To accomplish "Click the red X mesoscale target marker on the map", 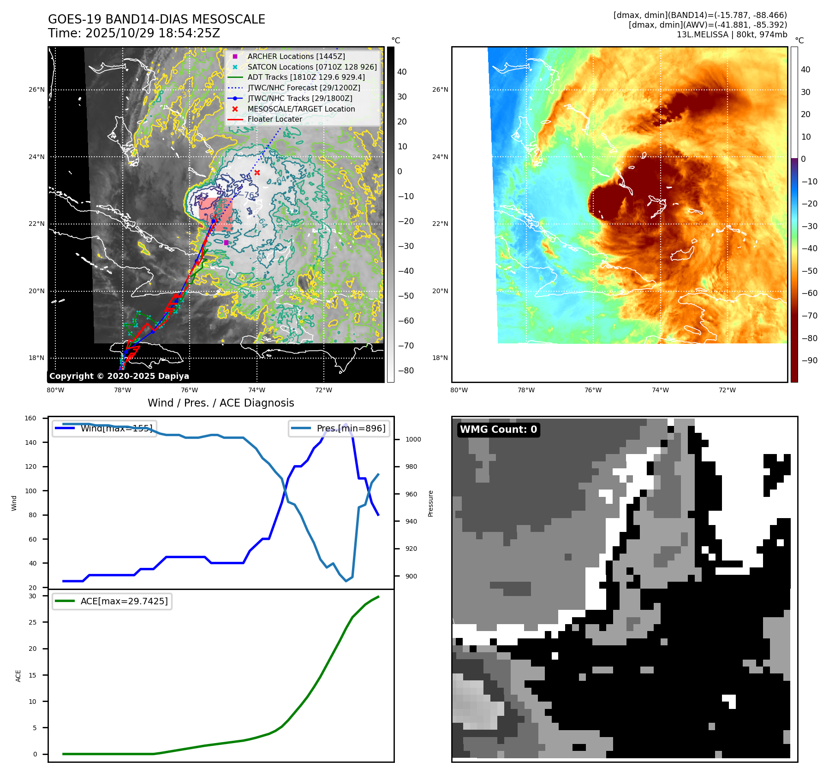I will pos(257,173).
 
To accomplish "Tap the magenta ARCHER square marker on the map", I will pos(226,242).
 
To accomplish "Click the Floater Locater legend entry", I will pos(274,119).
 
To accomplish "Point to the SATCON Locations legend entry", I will pos(312,67).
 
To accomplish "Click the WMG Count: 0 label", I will pos(498,430).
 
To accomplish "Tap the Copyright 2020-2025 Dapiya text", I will pos(119,376).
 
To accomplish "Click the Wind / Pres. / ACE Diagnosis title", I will pos(221,403).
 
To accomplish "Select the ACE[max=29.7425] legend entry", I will pos(124,601).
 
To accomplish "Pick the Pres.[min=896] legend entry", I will pos(351,428).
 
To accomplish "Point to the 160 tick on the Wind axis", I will pos(30,419).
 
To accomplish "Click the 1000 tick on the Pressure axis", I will pos(413,440).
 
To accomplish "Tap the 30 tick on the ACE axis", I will pos(32,596).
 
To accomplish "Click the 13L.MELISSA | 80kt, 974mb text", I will pos(732,35).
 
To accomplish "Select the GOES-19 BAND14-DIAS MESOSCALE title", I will pos(156,19).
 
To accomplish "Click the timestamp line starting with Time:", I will pos(134,33).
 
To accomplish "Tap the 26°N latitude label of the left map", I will pos(36,89).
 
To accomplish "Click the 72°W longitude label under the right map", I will pos(727,390).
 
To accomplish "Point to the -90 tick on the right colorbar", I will pos(809,360).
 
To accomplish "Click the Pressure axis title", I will pos(430,503).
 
